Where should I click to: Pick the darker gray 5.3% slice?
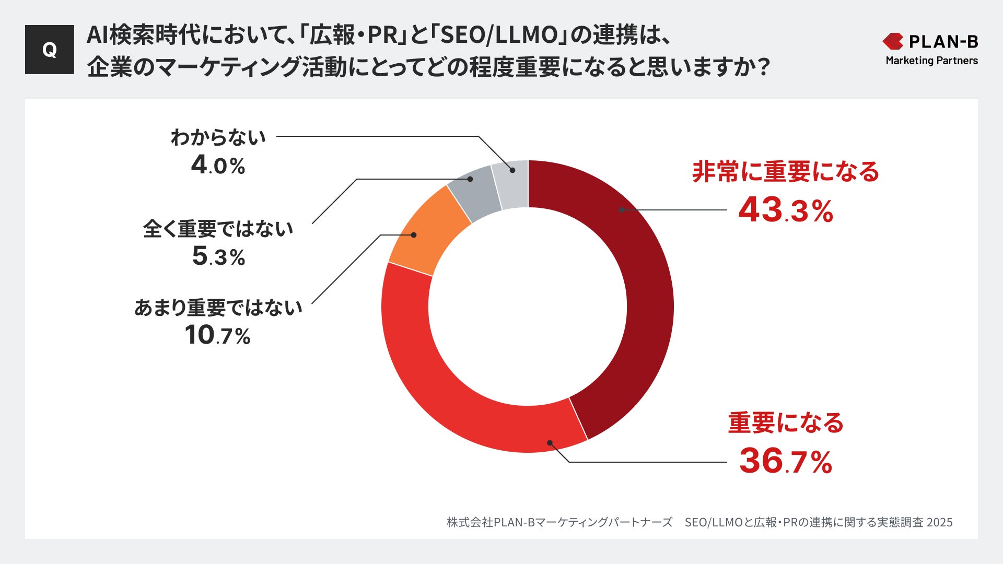[x=473, y=193]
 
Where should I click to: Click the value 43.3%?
[x=785, y=210]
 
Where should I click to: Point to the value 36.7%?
[x=785, y=461]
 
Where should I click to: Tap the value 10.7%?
[x=217, y=335]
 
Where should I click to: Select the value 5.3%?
[x=218, y=256]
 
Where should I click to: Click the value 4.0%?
[x=218, y=166]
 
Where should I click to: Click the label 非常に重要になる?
[x=785, y=172]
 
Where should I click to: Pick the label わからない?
[x=218, y=137]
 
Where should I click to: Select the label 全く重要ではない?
[x=218, y=229]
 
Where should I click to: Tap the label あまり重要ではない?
[x=218, y=308]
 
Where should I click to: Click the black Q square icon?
[x=50, y=50]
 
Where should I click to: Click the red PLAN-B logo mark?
[x=893, y=41]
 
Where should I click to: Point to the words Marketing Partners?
[x=931, y=61]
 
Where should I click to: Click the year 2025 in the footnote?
[x=939, y=522]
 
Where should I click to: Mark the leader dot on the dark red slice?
[x=622, y=210]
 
